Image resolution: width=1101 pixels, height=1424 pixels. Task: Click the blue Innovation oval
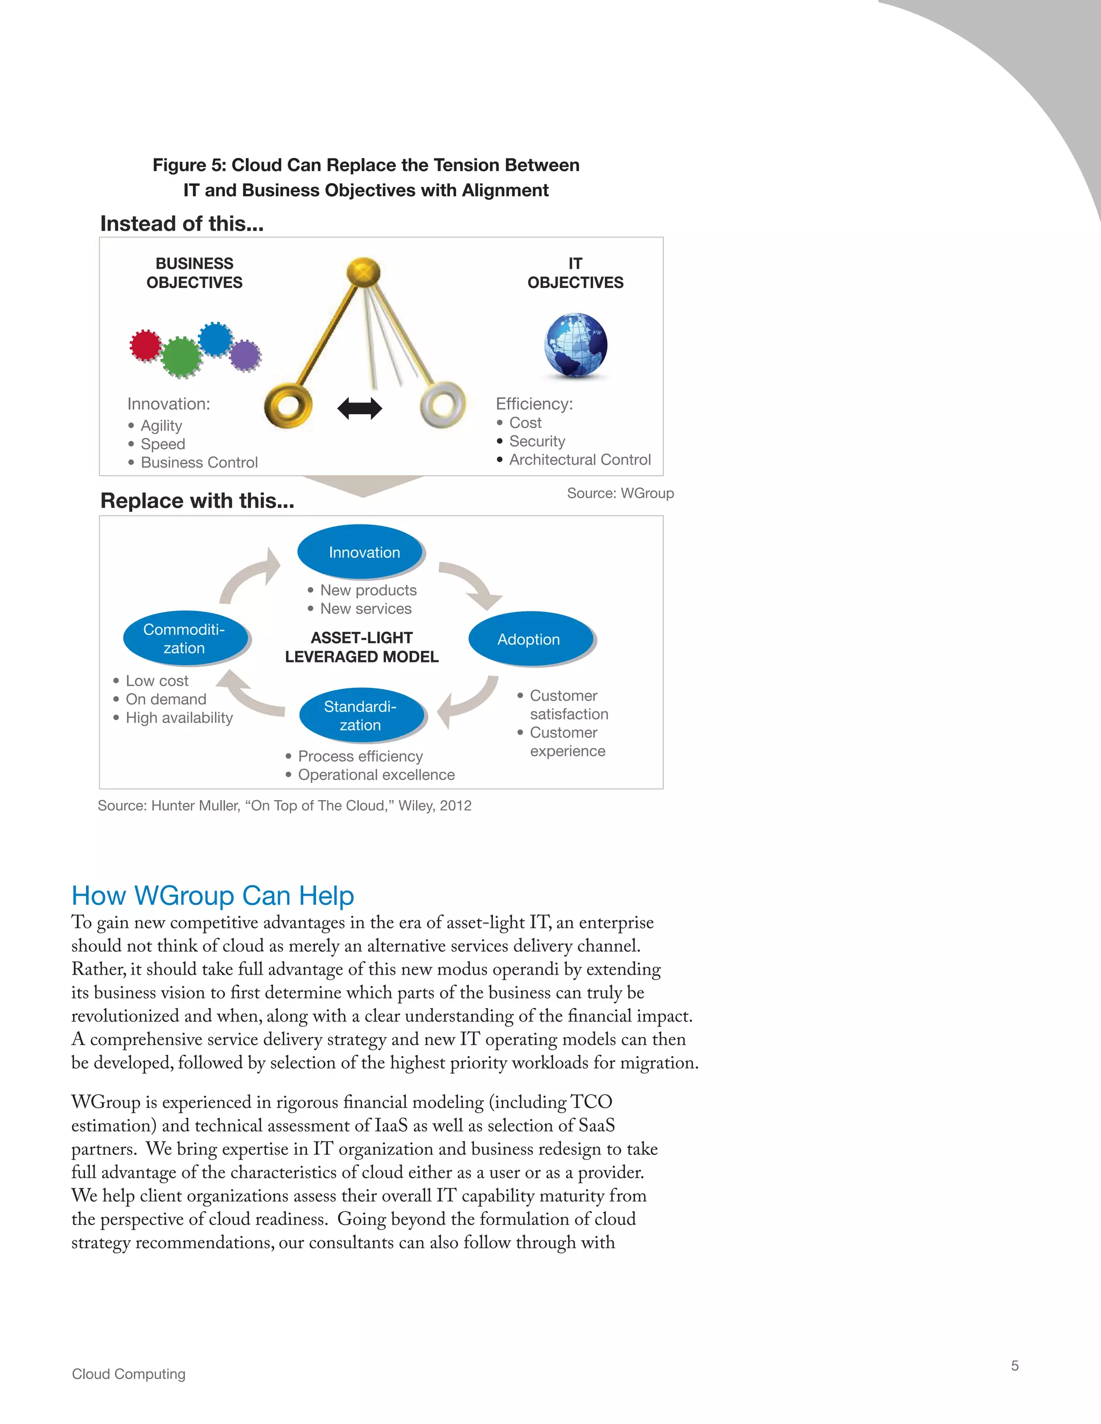pos(361,552)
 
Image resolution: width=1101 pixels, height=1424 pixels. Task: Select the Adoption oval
pos(530,638)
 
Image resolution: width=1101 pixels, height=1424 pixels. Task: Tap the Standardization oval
pos(361,715)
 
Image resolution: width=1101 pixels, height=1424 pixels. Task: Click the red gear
pos(145,344)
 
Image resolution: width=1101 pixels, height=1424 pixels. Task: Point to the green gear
pos(181,357)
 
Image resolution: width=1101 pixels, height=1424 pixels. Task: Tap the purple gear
pos(245,356)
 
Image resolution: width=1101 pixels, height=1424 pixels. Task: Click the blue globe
pos(575,345)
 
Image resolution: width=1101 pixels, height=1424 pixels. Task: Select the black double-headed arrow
pos(360,409)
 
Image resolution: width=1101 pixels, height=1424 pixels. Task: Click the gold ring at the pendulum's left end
pos(288,406)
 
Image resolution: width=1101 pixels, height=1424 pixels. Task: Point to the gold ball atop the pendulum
pos(363,271)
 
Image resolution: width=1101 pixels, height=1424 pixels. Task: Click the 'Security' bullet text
pos(537,441)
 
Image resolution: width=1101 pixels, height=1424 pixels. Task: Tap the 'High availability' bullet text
pos(178,718)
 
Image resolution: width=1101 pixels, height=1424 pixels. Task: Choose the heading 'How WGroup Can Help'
pos(213,896)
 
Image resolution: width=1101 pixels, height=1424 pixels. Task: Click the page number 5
pos(1014,1365)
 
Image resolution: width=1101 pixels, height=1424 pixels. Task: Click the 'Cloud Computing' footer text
pos(128,1374)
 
